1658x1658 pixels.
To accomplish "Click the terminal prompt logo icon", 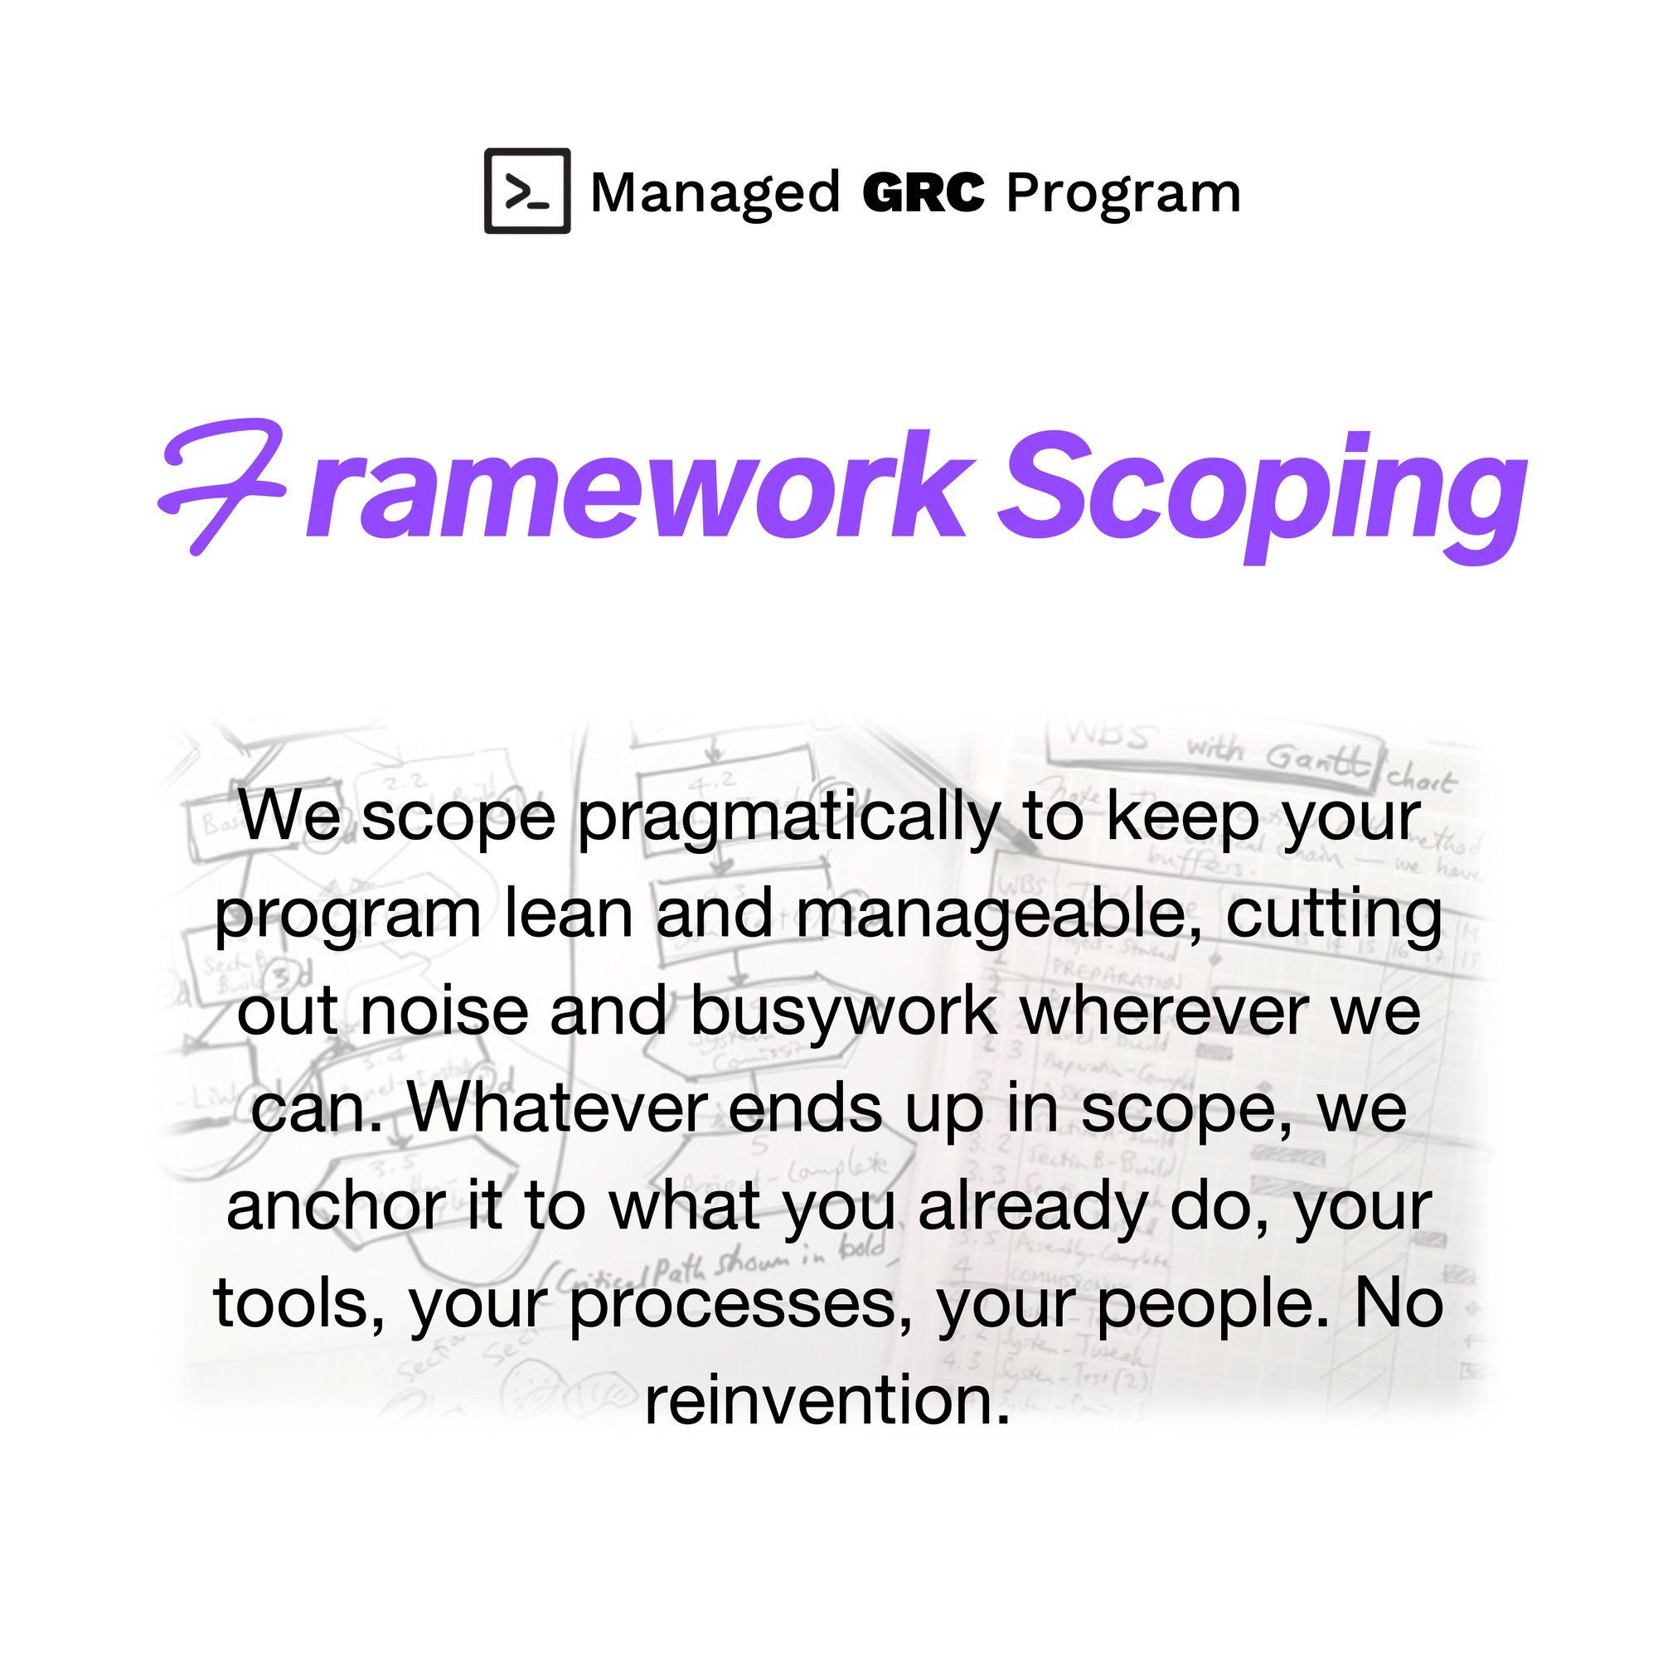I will pyautogui.click(x=527, y=191).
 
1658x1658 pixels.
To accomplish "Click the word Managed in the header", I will pyautogui.click(x=715, y=192).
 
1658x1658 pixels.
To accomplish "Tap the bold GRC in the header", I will pyautogui.click(x=923, y=192).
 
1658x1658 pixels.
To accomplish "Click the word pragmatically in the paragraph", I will pyautogui.click(x=788, y=818).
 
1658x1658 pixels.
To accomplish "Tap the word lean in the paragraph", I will pyautogui.click(x=568, y=915).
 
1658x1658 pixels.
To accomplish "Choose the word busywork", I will pyautogui.click(x=843, y=1013).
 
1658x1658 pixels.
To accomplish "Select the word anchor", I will pyautogui.click(x=336, y=1206).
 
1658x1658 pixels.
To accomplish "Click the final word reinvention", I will pyautogui.click(x=827, y=1401).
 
